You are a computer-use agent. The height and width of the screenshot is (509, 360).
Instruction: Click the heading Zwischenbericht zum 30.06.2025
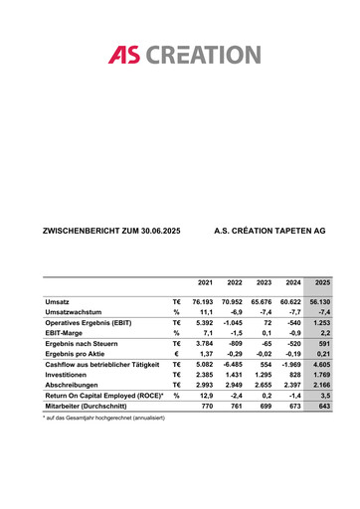pyautogui.click(x=111, y=231)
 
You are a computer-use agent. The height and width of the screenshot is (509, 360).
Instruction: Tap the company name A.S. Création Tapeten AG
pyautogui.click(x=270, y=231)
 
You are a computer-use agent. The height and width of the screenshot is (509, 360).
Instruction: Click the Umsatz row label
pyautogui.click(x=58, y=300)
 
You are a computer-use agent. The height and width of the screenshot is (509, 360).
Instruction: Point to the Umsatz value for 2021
pyautogui.click(x=202, y=300)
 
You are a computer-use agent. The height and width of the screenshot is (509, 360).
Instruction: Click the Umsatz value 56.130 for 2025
pyautogui.click(x=319, y=300)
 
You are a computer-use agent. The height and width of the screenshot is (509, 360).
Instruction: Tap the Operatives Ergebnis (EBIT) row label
pyautogui.click(x=89, y=325)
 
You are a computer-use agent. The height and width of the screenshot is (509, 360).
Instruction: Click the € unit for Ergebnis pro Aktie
pyautogui.click(x=176, y=354)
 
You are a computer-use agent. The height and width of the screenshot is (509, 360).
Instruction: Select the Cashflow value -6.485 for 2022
pyautogui.click(x=232, y=365)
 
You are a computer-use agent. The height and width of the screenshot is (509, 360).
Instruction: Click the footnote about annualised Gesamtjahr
pyautogui.click(x=104, y=418)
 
